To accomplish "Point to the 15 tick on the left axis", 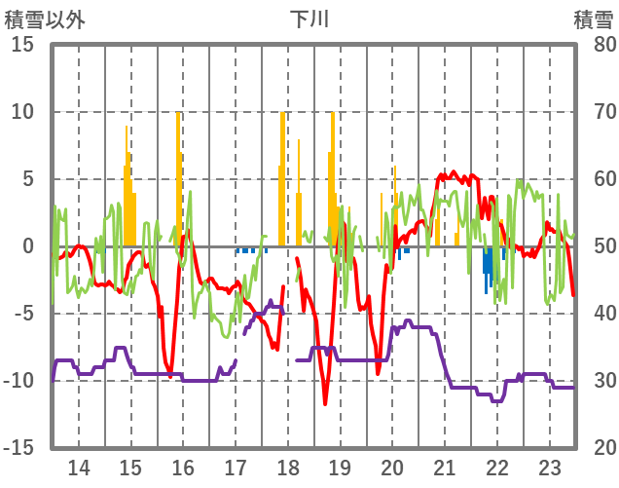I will (x=23, y=45).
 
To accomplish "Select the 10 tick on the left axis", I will (x=23, y=112).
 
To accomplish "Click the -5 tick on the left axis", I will (x=23, y=314).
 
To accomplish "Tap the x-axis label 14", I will (x=78, y=467).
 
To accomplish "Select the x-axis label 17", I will (x=236, y=467).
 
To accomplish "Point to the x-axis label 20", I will (x=392, y=467).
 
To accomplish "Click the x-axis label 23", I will (x=549, y=467).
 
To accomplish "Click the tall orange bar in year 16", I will (x=178, y=175).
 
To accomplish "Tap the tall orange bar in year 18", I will (x=282, y=175).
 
